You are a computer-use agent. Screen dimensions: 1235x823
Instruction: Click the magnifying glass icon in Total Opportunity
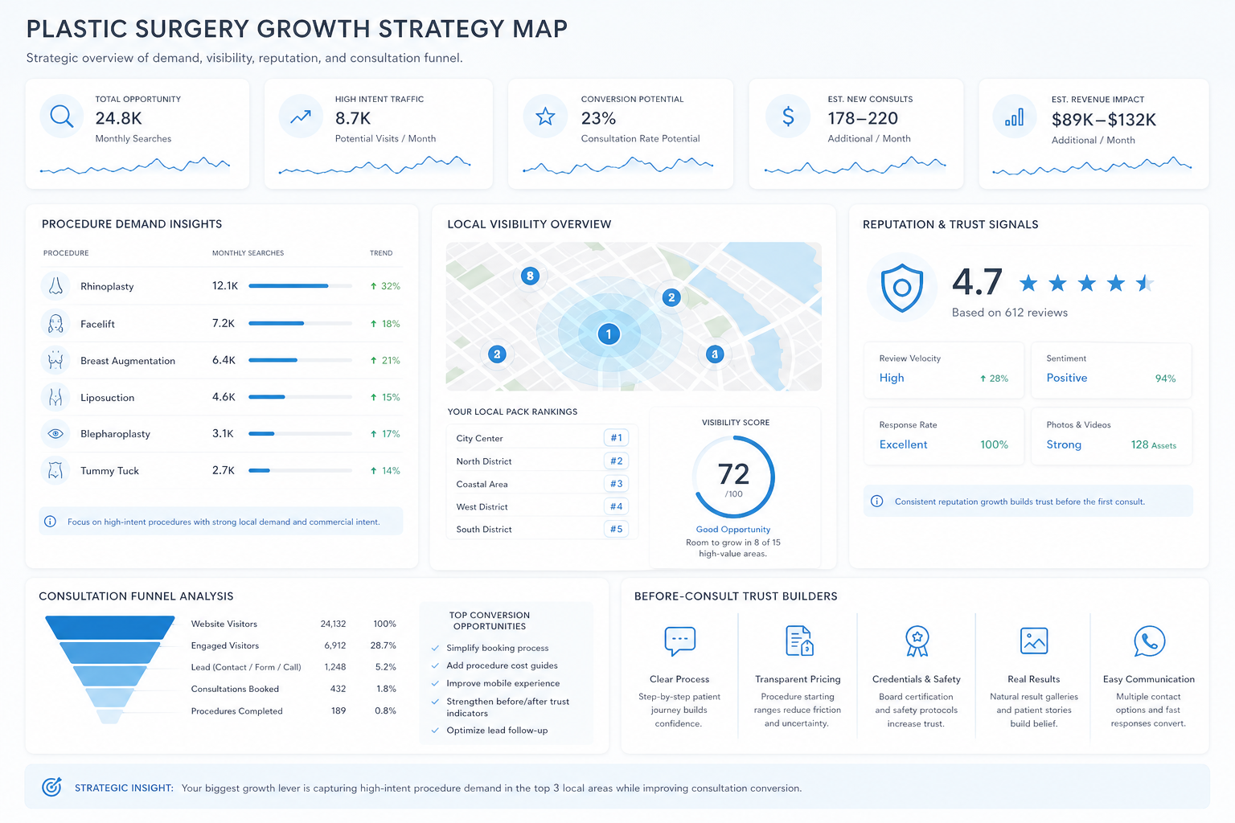(61, 117)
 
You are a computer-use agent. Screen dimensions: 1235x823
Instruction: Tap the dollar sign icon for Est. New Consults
(789, 117)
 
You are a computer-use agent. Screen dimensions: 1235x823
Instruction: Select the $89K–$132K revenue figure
(1103, 120)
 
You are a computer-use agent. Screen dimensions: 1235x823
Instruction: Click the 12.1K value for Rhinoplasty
(225, 285)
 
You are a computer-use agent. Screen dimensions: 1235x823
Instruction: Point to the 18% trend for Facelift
(385, 324)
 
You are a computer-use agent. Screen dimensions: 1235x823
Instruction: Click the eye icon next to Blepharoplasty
(55, 434)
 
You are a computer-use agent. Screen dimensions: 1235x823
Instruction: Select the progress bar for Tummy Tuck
(301, 470)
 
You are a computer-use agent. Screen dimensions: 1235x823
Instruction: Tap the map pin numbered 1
(609, 334)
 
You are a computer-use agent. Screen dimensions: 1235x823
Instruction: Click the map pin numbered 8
(530, 276)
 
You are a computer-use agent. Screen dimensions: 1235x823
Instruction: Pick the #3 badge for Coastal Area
(616, 484)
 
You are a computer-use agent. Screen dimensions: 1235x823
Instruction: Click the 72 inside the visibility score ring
(733, 473)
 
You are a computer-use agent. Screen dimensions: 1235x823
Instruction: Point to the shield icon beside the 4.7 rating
(901, 287)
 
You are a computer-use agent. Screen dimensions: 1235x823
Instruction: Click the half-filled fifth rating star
(1145, 284)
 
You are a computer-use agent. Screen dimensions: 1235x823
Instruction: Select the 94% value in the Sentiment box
(1165, 379)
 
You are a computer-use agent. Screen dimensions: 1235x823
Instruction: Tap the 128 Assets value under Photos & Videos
(1154, 444)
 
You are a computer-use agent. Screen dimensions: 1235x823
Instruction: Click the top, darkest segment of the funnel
(109, 628)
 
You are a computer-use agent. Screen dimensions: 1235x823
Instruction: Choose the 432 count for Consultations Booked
(338, 689)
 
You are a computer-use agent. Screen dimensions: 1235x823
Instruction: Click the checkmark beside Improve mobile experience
(435, 683)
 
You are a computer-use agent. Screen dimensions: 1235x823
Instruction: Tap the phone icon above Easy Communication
(1149, 641)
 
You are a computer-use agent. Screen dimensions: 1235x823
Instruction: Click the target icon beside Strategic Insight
(51, 787)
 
